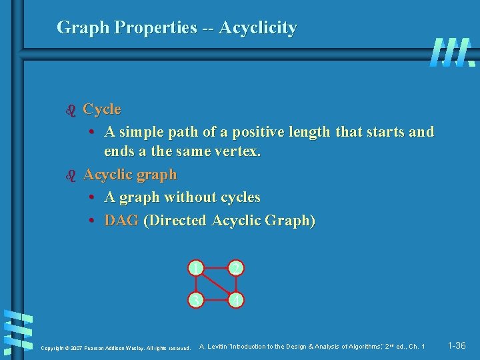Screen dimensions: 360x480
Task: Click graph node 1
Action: [x=195, y=268]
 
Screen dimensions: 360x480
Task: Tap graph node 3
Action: [x=195, y=301]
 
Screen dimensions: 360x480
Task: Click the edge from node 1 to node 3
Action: [x=195, y=285]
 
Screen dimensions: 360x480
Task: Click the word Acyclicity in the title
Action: [x=257, y=28]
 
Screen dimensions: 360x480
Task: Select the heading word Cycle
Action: [x=102, y=109]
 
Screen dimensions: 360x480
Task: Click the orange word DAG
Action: [x=121, y=221]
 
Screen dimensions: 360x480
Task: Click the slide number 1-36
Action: [x=457, y=345]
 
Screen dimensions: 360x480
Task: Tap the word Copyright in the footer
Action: [x=53, y=347]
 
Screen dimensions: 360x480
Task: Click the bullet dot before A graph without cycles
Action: [x=93, y=198]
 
